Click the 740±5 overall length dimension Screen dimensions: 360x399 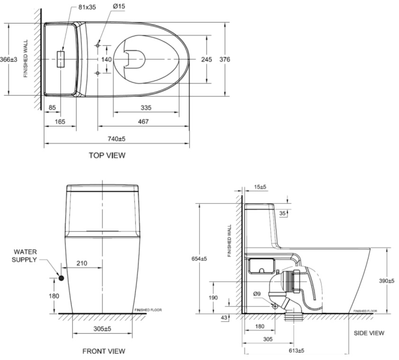116,138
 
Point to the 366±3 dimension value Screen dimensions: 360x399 9,59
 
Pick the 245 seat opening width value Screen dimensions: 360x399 206,59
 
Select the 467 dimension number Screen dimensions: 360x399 143,122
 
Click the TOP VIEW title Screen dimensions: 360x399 107,156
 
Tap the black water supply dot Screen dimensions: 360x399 61,278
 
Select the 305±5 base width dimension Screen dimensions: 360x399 102,328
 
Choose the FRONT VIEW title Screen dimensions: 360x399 104,351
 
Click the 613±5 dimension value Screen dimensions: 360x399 296,351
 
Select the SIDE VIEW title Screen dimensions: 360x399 369,333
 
